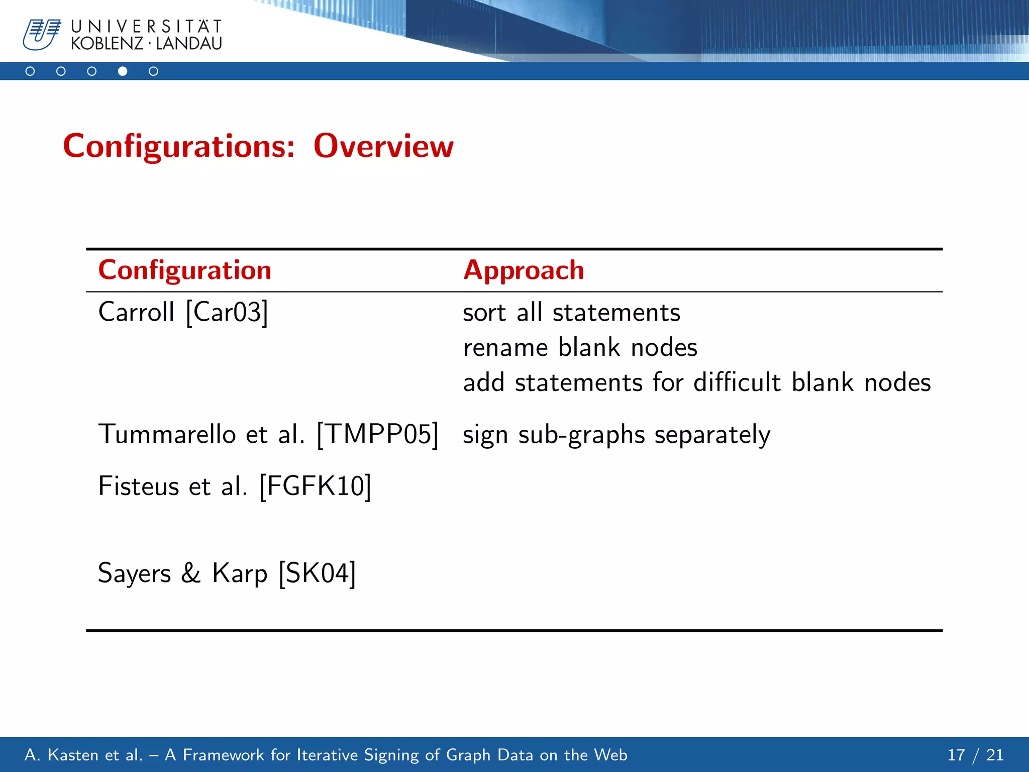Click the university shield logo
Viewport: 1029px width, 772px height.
click(x=41, y=34)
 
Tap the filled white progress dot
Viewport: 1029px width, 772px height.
click(x=123, y=71)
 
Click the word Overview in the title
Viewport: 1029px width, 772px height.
click(x=383, y=146)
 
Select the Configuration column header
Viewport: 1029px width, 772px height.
click(x=184, y=270)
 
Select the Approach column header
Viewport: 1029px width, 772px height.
click(x=524, y=270)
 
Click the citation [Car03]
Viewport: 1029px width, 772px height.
click(x=227, y=312)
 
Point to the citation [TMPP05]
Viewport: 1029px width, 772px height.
click(x=378, y=434)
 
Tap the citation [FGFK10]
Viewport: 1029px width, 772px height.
click(x=315, y=486)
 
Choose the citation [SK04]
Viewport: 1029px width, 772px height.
click(x=317, y=573)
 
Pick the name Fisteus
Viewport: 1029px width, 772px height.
click(x=138, y=486)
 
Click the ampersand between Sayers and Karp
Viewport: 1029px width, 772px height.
click(x=190, y=573)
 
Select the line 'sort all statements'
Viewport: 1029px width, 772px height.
click(x=571, y=313)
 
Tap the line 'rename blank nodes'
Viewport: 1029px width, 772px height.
click(x=580, y=348)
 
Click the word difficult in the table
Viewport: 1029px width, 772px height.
click(x=737, y=382)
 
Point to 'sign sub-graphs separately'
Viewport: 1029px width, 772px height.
click(x=616, y=435)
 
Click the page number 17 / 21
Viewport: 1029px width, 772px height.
click(x=975, y=755)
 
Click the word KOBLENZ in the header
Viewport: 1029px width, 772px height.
click(x=107, y=44)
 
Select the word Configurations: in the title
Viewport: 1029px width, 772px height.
click(x=179, y=146)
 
